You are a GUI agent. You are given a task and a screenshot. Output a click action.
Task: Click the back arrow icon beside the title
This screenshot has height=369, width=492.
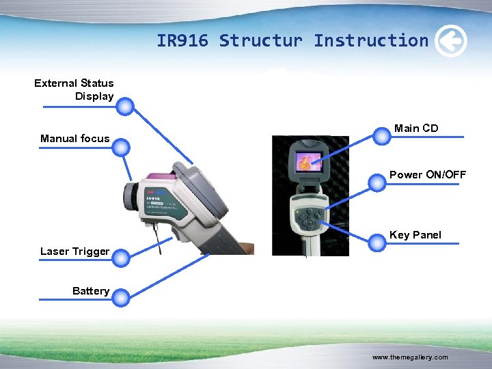coord(451,41)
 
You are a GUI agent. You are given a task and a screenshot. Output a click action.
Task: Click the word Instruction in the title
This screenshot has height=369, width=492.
coord(371,41)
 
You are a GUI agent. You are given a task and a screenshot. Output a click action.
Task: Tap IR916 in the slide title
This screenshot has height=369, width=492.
coord(183,41)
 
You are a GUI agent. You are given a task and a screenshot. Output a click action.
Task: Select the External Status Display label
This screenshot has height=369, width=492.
coord(74,90)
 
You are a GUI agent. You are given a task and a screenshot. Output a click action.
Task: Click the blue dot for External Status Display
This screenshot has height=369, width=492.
coord(125,106)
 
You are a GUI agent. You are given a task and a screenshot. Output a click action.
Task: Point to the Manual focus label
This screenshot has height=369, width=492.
coord(74,139)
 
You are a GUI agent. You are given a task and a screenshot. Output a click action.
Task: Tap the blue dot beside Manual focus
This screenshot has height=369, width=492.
coord(120,147)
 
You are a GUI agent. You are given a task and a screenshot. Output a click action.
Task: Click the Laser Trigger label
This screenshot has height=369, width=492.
coord(74,251)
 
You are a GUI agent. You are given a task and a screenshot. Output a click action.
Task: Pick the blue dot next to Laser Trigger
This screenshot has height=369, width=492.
coord(120,258)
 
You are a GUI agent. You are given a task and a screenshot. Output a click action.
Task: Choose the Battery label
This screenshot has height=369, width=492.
coord(91,291)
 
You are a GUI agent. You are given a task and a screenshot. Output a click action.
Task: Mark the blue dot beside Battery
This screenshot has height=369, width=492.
coord(120,297)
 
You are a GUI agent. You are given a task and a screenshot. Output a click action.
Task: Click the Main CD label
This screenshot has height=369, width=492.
coord(416,128)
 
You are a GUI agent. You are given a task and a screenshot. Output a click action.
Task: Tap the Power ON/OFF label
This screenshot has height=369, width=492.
coord(428,175)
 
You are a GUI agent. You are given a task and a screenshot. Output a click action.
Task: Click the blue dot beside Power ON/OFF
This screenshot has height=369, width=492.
coord(377,182)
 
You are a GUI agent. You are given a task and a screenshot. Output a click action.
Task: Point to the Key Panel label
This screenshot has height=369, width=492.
coord(415,235)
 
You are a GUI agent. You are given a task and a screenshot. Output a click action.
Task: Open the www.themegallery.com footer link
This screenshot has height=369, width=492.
coord(410,357)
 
